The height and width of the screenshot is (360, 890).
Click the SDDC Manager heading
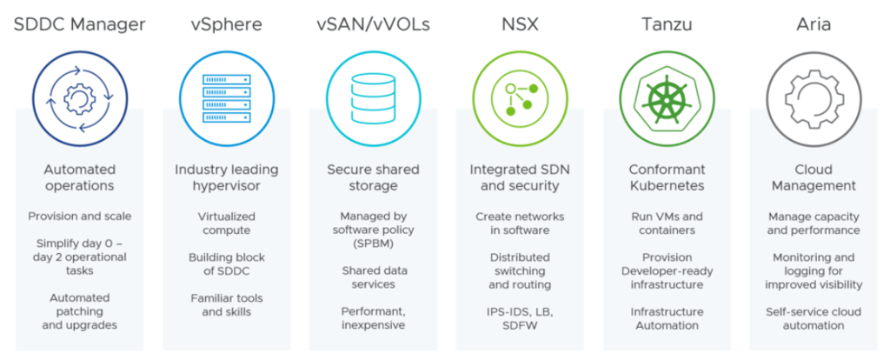(x=80, y=23)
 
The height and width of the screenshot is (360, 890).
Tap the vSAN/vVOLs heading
(x=372, y=23)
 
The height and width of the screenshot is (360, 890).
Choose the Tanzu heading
(x=663, y=23)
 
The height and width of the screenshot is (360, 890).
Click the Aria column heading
(x=813, y=23)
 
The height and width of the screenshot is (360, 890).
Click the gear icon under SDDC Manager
(x=80, y=97)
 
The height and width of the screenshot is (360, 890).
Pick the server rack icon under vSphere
(x=226, y=97)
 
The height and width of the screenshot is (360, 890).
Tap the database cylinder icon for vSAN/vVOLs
(x=372, y=97)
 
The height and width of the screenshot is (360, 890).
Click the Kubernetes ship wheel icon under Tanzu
(x=663, y=97)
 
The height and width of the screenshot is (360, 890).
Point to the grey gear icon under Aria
(x=813, y=97)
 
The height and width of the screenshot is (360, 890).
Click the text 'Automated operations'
(x=80, y=177)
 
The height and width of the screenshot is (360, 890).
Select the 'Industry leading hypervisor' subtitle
(x=226, y=177)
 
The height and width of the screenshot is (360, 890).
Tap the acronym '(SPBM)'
(x=373, y=243)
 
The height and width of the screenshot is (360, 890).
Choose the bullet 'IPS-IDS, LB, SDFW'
(x=520, y=318)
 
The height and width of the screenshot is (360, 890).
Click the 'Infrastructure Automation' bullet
(x=665, y=318)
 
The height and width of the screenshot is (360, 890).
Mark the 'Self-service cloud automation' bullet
(x=813, y=318)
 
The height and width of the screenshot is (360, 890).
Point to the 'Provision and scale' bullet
(x=80, y=216)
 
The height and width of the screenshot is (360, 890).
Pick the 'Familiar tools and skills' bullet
(x=226, y=304)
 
